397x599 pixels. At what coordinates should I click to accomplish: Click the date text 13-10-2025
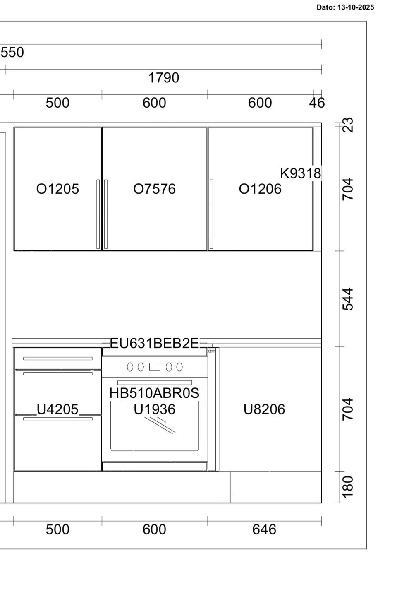click(x=356, y=7)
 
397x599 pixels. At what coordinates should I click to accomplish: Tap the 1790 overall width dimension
click(x=163, y=78)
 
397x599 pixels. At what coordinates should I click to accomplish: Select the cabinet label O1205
click(x=58, y=189)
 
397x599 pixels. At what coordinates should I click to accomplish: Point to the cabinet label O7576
click(x=154, y=189)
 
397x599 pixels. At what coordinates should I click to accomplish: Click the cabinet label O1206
click(x=260, y=189)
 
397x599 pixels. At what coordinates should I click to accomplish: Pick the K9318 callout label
click(x=301, y=173)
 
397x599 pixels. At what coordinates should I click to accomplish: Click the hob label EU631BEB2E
click(x=154, y=343)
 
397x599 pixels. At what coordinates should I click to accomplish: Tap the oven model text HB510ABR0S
click(x=154, y=393)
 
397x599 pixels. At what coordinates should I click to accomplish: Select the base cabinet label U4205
click(x=58, y=409)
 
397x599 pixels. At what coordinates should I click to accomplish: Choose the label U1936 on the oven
click(x=154, y=409)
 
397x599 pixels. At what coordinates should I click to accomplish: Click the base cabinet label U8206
click(x=264, y=409)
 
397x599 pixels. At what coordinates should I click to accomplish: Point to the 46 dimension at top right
click(x=317, y=103)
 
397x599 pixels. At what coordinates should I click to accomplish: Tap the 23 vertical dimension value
click(x=348, y=125)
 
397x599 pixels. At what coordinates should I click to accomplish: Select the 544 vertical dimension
click(x=348, y=299)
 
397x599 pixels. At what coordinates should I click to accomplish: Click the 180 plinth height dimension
click(x=348, y=487)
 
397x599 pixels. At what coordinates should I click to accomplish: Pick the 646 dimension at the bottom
click(x=264, y=529)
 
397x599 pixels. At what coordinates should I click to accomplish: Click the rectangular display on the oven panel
click(x=155, y=367)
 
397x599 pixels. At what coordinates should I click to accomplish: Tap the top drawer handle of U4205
click(x=58, y=358)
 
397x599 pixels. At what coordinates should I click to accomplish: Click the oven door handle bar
click(x=155, y=382)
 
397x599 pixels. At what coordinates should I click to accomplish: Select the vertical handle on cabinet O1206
click(x=212, y=214)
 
